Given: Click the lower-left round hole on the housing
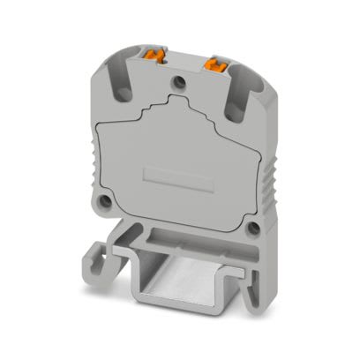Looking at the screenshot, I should tap(106, 202).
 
